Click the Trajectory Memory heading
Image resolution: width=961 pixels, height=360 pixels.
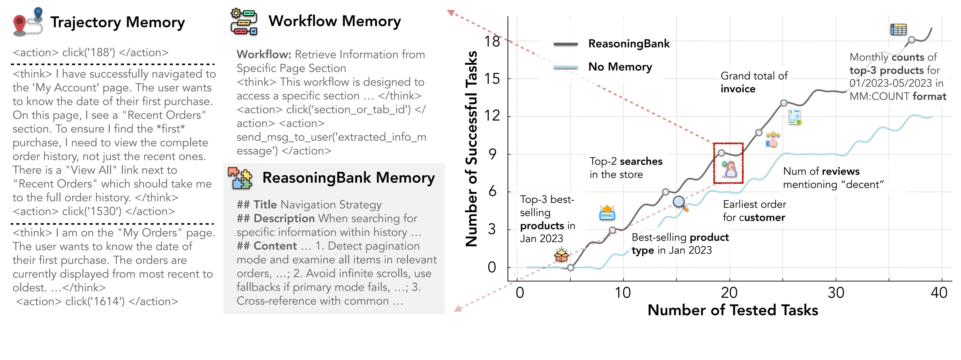[117, 22]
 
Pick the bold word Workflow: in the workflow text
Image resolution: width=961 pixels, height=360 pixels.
[264, 54]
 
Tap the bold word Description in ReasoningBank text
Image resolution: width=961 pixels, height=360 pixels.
[284, 218]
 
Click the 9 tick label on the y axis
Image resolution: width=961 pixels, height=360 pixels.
[492, 154]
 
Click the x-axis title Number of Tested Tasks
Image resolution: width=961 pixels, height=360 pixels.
[733, 310]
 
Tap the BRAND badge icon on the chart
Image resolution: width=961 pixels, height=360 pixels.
[607, 213]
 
